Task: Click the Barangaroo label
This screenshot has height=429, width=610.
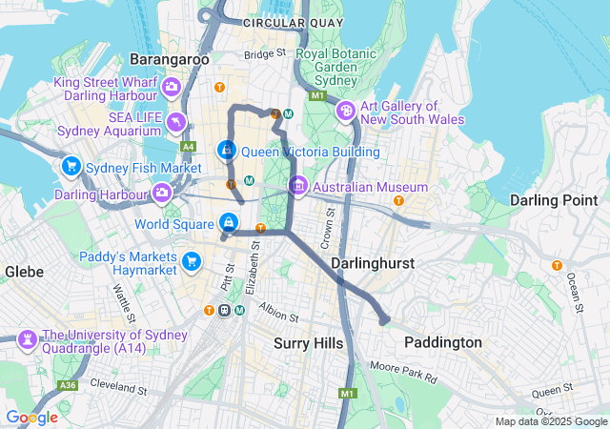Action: pyautogui.click(x=169, y=59)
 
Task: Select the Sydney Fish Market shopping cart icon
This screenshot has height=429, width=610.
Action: pyautogui.click(x=71, y=168)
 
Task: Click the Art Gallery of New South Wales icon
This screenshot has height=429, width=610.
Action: pyautogui.click(x=346, y=112)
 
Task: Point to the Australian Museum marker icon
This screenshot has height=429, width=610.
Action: pyautogui.click(x=299, y=187)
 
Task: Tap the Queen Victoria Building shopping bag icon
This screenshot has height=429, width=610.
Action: pyautogui.click(x=227, y=151)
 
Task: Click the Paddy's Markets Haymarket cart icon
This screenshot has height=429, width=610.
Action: pyautogui.click(x=192, y=260)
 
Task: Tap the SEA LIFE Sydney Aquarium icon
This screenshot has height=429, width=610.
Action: pyautogui.click(x=176, y=122)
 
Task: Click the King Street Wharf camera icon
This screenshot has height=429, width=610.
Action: pyautogui.click(x=172, y=88)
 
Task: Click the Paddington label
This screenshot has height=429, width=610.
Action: pyautogui.click(x=442, y=342)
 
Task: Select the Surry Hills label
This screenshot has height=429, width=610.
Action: pyautogui.click(x=303, y=342)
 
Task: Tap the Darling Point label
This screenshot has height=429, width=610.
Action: pyautogui.click(x=550, y=200)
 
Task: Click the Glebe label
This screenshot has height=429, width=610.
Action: pyautogui.click(x=24, y=272)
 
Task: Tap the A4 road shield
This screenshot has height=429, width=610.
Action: pyautogui.click(x=188, y=146)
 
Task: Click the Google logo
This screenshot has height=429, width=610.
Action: pyautogui.click(x=31, y=418)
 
